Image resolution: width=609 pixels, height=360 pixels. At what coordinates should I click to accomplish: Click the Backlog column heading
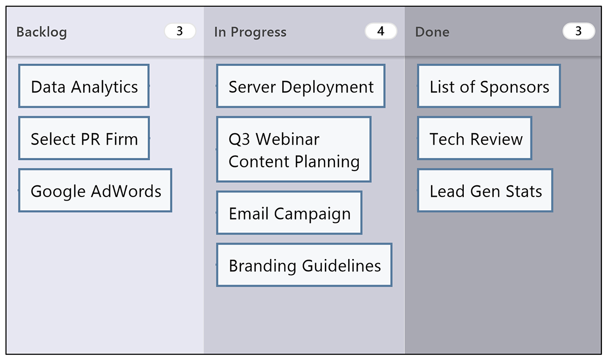42,32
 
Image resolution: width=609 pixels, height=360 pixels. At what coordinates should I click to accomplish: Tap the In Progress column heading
250,32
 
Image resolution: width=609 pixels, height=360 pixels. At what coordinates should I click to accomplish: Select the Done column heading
432,32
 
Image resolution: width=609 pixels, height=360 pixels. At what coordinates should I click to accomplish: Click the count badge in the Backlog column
180,31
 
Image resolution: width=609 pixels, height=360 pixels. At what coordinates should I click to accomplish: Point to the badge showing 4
381,31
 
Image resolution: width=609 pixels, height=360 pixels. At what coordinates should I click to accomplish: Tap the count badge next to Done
579,31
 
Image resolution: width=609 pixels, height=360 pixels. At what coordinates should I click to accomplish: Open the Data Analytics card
84,86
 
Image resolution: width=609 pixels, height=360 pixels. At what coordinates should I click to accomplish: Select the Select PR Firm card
84,138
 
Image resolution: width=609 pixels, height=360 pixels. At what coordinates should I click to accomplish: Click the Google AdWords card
95,190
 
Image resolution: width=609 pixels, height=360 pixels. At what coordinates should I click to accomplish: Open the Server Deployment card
300,86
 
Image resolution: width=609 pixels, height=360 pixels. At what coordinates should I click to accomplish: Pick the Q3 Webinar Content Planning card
294,149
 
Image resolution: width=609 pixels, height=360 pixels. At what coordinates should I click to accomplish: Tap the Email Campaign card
289,213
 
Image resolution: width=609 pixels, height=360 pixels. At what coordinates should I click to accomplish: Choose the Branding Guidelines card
304,265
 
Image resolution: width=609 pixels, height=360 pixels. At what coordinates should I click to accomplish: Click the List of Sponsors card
489,86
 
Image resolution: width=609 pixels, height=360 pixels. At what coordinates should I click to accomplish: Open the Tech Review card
475,138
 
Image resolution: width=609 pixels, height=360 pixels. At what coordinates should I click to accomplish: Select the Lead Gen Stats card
485,190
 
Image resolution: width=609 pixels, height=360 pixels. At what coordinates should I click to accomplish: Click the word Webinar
287,139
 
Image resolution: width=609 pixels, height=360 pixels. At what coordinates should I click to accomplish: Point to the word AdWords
126,191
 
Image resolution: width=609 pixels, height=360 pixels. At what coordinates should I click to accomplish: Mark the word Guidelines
342,266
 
